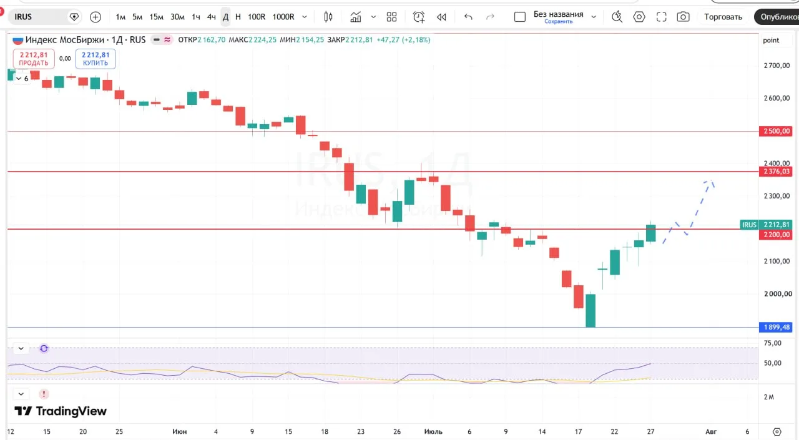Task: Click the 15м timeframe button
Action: coord(156,17)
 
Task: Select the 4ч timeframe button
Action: coord(211,17)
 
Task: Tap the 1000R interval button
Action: coord(283,17)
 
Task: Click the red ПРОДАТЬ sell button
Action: coord(34,59)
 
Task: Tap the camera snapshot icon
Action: coord(683,17)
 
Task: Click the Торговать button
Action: coord(723,17)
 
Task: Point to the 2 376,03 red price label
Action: coord(776,172)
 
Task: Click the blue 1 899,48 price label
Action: coord(776,327)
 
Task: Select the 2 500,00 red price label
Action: coord(776,131)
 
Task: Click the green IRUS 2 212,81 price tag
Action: coord(766,225)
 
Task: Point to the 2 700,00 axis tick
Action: coord(777,66)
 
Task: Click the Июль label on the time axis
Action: coord(433,431)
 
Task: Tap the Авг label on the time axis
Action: coord(711,431)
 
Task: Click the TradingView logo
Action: coord(61,411)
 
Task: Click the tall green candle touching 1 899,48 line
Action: coord(591,310)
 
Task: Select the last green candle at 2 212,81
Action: coord(651,233)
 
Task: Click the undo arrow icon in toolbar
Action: coord(468,17)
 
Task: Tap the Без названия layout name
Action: coord(558,14)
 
